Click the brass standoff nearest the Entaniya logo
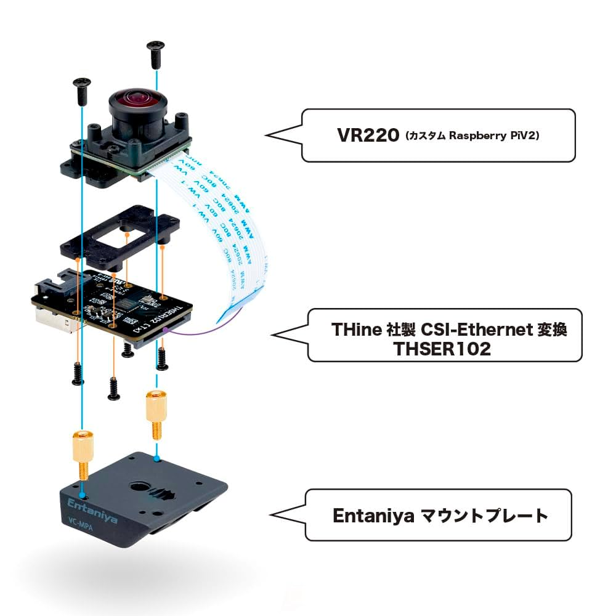point(83,453)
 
